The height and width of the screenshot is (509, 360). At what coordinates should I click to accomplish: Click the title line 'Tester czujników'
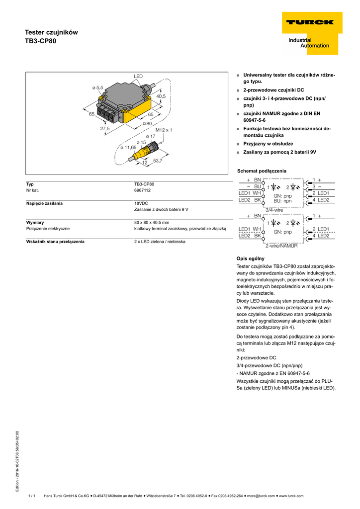(51, 32)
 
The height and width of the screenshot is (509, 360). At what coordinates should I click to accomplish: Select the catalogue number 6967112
(142, 190)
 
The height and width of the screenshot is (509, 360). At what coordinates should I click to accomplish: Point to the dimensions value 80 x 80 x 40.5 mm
(152, 222)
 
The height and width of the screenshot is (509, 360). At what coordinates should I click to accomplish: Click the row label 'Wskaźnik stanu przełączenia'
(55, 242)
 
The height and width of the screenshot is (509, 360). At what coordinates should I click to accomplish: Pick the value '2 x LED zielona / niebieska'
(160, 242)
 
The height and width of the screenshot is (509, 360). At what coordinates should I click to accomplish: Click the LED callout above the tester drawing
(138, 76)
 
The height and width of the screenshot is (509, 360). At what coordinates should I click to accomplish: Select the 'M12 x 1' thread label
(163, 130)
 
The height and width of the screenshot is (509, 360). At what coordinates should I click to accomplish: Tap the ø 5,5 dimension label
(97, 87)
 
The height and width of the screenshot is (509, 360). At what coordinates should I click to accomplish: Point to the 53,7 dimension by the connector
(158, 161)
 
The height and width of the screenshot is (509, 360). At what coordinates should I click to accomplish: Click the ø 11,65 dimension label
(128, 147)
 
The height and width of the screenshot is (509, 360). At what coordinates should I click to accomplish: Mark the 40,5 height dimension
(161, 96)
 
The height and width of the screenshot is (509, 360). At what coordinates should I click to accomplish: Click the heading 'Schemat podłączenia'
(262, 171)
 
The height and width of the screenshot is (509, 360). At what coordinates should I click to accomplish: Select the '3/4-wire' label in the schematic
(274, 210)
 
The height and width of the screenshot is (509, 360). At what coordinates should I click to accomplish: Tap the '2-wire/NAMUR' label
(281, 246)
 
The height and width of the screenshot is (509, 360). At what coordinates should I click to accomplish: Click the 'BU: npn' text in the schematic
(282, 201)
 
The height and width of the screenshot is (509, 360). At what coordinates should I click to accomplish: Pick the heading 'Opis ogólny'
(251, 258)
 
